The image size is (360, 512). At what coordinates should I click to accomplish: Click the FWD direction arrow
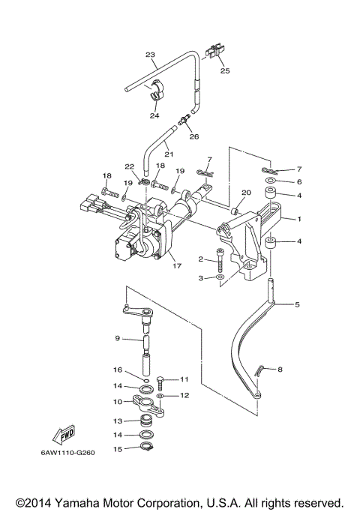click(x=64, y=436)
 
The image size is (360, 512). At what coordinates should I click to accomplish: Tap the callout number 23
click(x=150, y=55)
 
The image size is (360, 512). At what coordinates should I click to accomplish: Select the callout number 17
click(x=177, y=266)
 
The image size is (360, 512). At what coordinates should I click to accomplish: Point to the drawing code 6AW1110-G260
click(x=68, y=453)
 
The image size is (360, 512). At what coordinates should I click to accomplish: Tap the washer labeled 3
click(x=220, y=277)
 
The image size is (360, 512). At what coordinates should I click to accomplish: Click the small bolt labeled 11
click(x=161, y=383)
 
